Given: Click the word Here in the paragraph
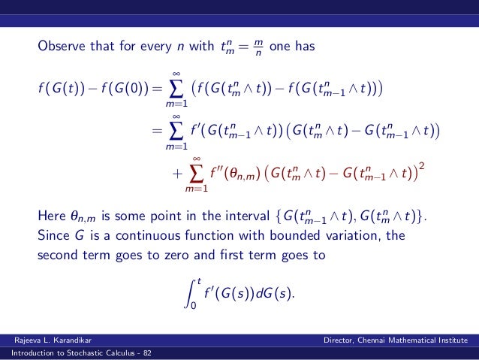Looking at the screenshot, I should tap(51, 217).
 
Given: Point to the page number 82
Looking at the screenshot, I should tap(146, 354).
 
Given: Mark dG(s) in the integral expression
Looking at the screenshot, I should tap(275, 292).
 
